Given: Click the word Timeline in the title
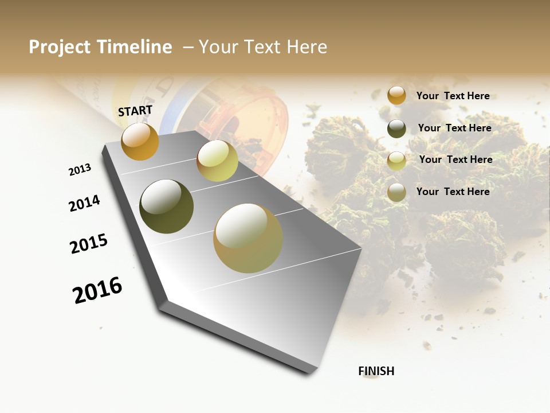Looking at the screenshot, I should click(x=135, y=47).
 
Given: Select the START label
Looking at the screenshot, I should click(x=135, y=111).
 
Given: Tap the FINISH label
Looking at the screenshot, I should click(x=376, y=371).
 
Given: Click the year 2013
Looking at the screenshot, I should click(x=80, y=170).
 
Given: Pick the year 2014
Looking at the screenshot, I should click(x=84, y=203).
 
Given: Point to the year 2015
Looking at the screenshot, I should click(x=89, y=244).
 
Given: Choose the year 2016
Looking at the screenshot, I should click(x=97, y=291).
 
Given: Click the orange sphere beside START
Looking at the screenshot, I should click(x=140, y=141).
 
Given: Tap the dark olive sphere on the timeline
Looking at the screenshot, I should click(x=167, y=206).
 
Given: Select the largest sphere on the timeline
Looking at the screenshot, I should click(x=248, y=238).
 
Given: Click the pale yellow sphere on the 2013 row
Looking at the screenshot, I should click(x=217, y=161).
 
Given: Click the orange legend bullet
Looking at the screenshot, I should click(x=396, y=96).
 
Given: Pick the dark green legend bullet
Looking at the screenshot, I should click(x=396, y=128).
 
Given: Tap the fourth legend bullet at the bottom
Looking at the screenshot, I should click(x=396, y=193).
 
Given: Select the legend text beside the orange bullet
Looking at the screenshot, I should click(x=453, y=96).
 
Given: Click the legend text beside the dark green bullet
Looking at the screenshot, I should click(x=454, y=128).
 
